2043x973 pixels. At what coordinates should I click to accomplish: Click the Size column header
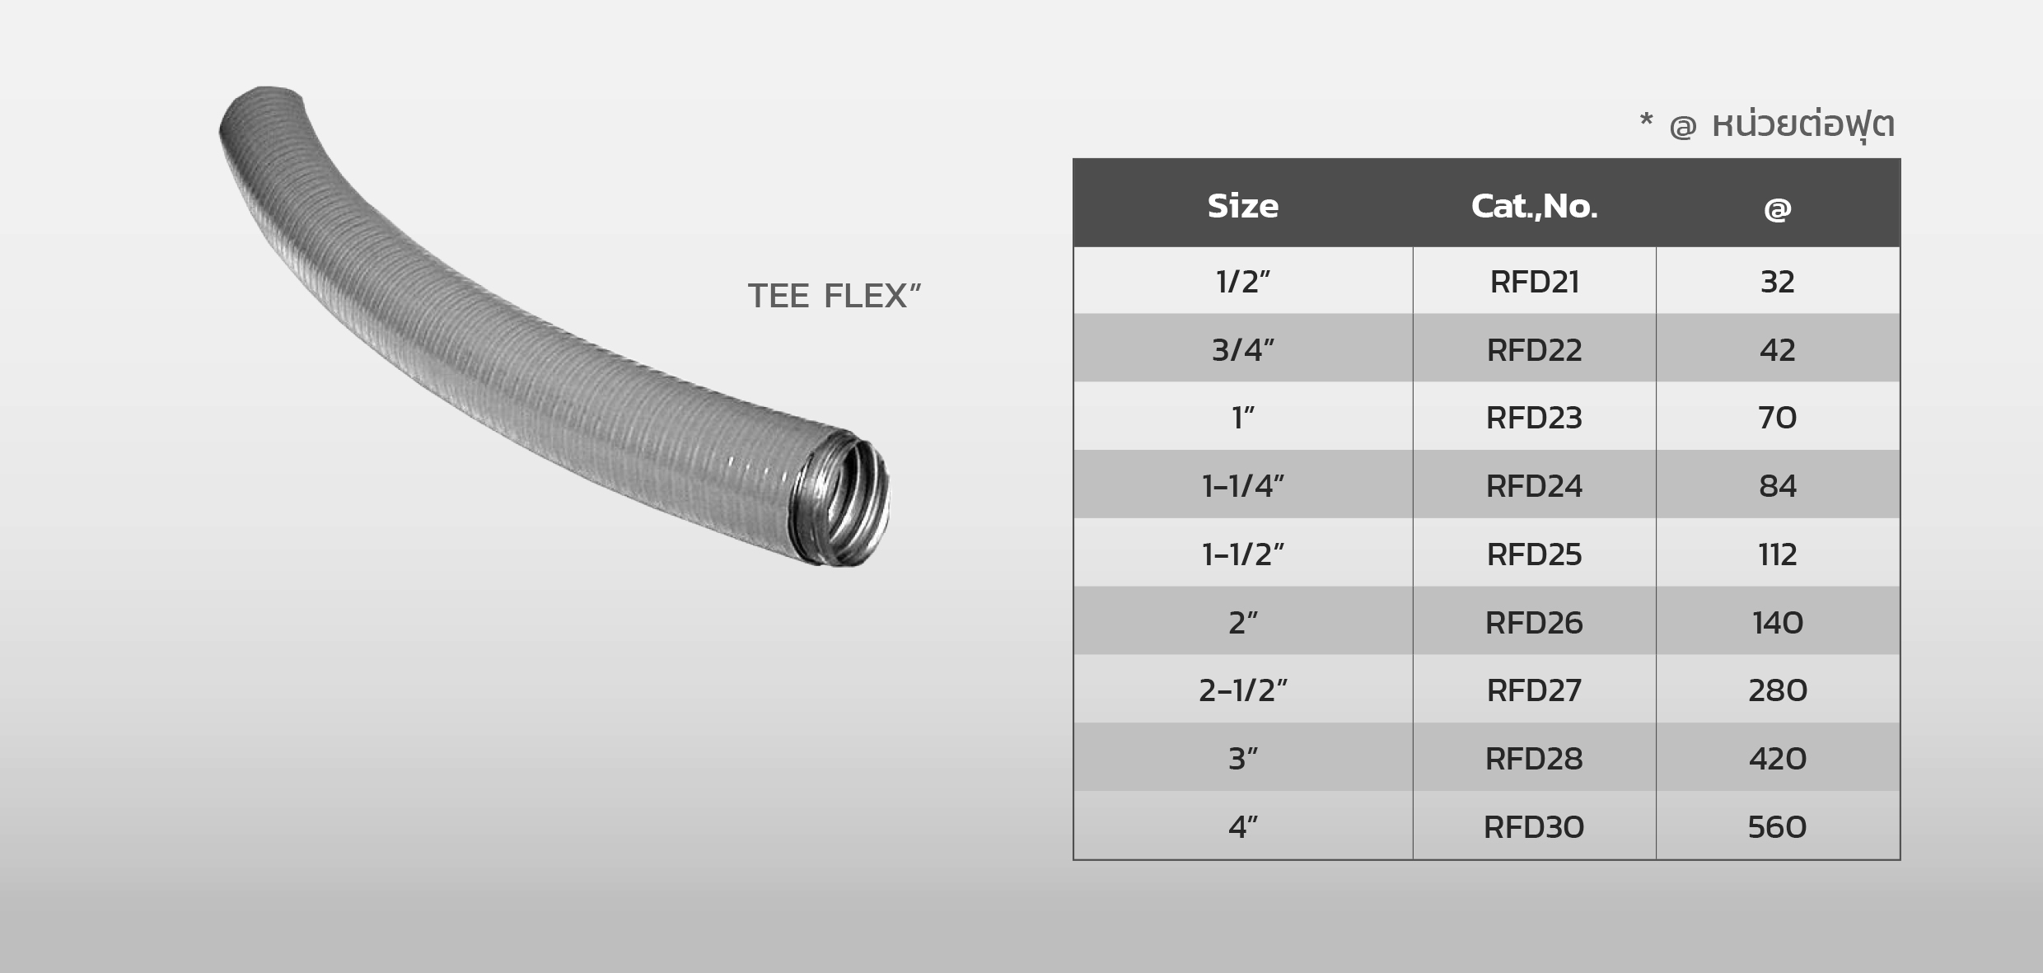click(x=1242, y=206)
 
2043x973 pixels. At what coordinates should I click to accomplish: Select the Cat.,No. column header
click(x=1534, y=206)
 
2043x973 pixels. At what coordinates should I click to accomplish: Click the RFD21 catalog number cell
click(x=1534, y=282)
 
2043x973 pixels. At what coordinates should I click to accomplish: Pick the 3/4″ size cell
click(x=1242, y=350)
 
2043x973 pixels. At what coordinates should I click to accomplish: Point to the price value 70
click(x=1777, y=418)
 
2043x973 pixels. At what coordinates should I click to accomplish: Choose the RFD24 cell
click(x=1534, y=486)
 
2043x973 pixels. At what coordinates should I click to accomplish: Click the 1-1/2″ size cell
click(x=1242, y=554)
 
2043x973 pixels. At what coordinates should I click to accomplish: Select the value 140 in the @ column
click(x=1777, y=623)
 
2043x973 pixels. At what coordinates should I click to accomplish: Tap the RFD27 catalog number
click(x=1534, y=690)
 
